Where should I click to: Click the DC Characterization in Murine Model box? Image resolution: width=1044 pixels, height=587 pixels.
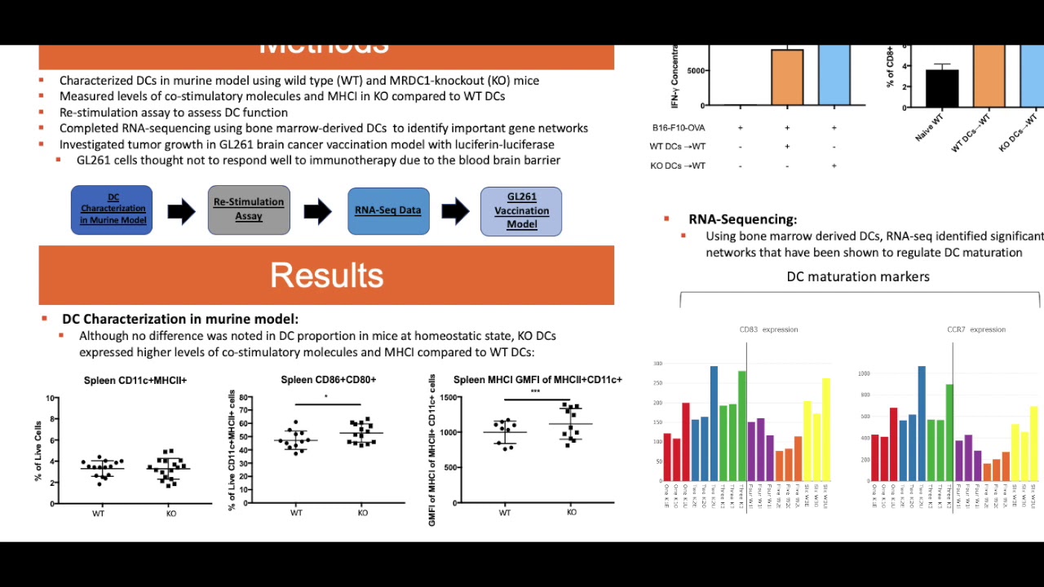[x=112, y=210]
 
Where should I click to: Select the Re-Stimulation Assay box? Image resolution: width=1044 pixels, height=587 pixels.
[x=249, y=210]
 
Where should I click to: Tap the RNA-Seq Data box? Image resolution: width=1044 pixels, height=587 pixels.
[x=388, y=210]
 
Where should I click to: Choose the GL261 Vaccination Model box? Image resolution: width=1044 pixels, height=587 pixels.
[x=521, y=211]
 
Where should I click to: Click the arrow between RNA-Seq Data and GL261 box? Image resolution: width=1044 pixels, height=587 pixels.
[x=455, y=212]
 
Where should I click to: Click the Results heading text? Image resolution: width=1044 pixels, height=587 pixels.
[x=326, y=276]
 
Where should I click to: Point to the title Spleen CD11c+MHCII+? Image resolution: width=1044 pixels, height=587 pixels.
[x=135, y=381]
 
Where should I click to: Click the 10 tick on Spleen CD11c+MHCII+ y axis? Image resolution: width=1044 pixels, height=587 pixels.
[x=51, y=399]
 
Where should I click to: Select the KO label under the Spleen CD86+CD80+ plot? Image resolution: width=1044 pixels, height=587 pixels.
[x=362, y=513]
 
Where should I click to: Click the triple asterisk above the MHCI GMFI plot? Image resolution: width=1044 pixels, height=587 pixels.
[x=535, y=392]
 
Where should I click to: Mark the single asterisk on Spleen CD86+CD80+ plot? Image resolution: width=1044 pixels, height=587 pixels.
[x=326, y=397]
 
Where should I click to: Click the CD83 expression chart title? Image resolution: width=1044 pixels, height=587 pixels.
[x=768, y=329]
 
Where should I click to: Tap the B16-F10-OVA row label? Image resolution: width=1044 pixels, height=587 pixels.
[x=679, y=128]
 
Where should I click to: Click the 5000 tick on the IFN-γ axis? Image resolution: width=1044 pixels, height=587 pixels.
[x=696, y=71]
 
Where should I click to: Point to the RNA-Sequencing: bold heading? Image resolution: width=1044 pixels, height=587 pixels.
[x=742, y=219]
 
